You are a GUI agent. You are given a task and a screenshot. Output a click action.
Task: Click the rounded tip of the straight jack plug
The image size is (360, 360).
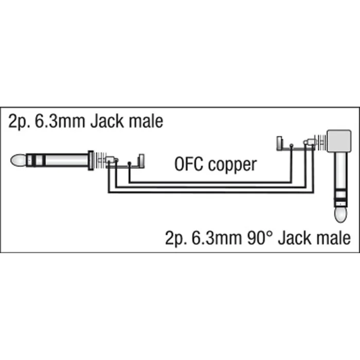point(19,160)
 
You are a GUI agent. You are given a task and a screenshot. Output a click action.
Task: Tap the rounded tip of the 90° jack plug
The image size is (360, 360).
point(340,214)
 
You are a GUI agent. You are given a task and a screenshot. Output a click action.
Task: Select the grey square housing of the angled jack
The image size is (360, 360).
point(339,141)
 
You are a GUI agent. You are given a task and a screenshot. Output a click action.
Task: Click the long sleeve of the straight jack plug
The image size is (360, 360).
point(66,160)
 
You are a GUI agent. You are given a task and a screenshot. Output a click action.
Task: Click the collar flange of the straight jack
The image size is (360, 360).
point(91,160)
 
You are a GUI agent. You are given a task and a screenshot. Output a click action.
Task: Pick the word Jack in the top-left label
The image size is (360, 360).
point(107,121)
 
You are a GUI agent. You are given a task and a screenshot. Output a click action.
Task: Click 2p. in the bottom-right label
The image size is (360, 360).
point(176,238)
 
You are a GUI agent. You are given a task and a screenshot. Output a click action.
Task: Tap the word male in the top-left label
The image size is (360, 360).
point(146,121)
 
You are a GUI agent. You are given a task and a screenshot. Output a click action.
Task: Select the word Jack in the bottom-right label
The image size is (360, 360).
point(295,238)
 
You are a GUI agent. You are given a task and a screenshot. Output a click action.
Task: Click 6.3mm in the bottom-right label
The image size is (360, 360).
point(217,238)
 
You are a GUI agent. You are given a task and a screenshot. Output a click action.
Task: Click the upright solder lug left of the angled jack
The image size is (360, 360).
point(279,143)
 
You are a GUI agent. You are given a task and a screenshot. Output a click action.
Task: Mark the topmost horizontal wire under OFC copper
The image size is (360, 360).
point(210,183)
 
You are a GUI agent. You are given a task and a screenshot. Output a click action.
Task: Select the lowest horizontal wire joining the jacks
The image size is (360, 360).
point(211,192)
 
